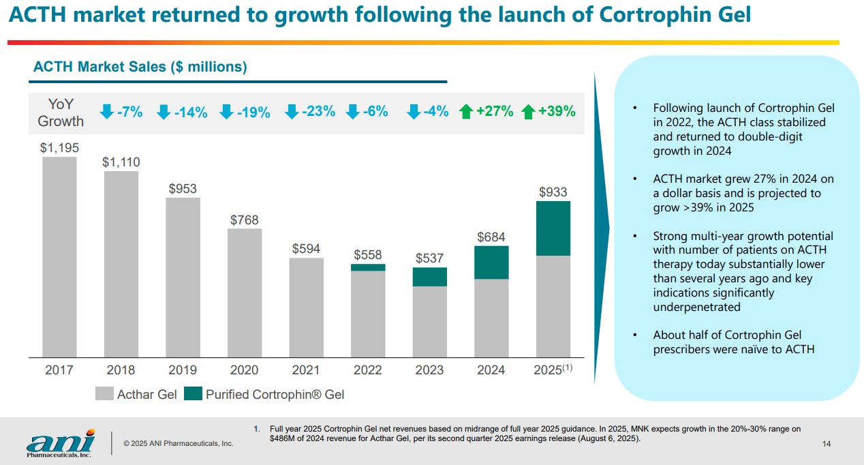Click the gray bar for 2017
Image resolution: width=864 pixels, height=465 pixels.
tap(59, 257)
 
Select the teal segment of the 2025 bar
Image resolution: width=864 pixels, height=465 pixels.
tap(553, 228)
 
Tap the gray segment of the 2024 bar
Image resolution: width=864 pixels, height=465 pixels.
tap(491, 318)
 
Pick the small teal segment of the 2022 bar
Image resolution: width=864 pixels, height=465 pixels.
tap(368, 267)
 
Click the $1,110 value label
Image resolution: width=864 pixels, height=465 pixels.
tap(121, 162)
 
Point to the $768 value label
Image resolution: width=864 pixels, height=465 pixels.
tap(244, 220)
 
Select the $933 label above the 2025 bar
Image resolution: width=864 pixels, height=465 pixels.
tap(553, 192)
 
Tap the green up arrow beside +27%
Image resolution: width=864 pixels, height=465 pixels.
tap(466, 112)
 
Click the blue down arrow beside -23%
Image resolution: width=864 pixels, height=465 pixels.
tap(291, 112)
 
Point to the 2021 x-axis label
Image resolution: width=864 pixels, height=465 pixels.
tap(306, 370)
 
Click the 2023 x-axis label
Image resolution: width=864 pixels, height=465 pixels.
tap(429, 370)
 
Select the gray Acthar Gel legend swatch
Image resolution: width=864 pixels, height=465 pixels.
tap(104, 394)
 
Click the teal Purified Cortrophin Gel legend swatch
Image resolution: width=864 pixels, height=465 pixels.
tap(193, 394)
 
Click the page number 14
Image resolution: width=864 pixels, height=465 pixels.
tap(827, 445)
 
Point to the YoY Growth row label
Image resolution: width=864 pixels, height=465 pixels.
tap(61, 112)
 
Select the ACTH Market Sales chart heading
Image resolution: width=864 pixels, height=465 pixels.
tap(140, 67)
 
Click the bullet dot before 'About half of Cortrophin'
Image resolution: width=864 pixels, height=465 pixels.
tap(635, 335)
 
